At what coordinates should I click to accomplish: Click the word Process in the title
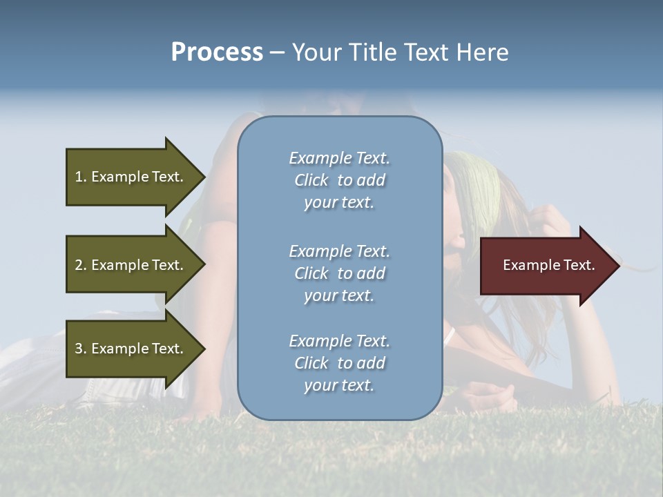click(217, 52)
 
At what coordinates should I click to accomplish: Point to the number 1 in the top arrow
click(79, 177)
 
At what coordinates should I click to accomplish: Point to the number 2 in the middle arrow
click(79, 265)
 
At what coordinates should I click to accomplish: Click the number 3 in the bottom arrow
click(79, 349)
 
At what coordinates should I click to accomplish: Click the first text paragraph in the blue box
click(339, 180)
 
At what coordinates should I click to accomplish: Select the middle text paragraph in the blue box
click(339, 273)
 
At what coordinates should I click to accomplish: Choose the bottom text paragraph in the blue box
click(339, 363)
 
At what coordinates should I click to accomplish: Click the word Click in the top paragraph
click(311, 180)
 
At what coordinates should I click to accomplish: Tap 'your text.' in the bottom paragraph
click(339, 385)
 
